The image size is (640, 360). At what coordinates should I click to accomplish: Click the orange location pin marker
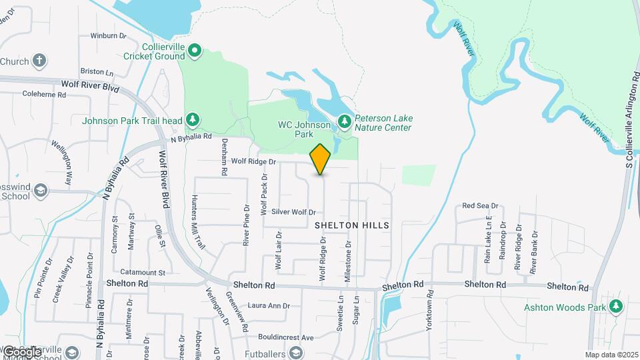[321, 159]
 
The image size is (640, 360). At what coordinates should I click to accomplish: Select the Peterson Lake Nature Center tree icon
[344, 121]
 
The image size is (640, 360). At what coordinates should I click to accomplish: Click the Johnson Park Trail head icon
[193, 119]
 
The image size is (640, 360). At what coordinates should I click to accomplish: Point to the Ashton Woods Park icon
[616, 307]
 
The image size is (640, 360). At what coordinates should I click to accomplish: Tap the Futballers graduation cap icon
[296, 353]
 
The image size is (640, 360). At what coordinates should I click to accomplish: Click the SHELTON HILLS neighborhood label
[352, 226]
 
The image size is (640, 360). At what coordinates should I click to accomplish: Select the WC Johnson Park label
[304, 129]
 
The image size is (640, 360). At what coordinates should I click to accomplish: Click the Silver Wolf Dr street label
[293, 212]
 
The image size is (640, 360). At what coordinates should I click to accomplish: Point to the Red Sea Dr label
[480, 207]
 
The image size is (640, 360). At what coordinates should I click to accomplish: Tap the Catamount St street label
[143, 273]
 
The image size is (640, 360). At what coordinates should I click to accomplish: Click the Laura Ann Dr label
[269, 306]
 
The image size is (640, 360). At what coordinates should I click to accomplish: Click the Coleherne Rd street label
[44, 95]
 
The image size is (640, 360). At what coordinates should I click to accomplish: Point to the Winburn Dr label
[108, 35]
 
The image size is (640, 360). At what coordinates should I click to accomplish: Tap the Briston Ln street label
[97, 71]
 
